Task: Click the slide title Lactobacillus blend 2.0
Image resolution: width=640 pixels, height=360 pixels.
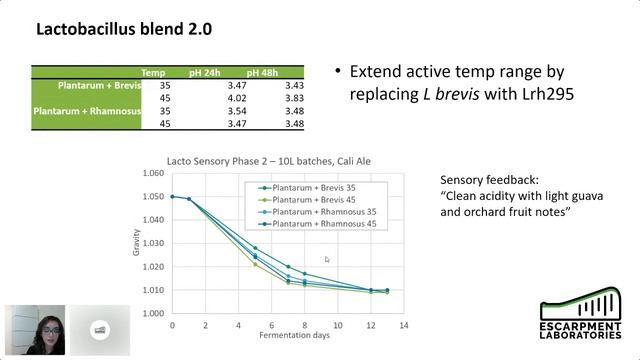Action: coord(124,29)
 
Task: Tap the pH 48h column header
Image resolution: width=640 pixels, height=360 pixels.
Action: coord(262,73)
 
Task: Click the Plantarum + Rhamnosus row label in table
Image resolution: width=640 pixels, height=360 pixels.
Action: coord(86,111)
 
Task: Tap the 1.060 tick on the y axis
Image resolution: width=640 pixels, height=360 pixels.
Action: coord(152,173)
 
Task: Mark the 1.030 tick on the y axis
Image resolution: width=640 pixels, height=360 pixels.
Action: coord(152,243)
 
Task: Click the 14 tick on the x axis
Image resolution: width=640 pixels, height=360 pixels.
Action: coord(403,326)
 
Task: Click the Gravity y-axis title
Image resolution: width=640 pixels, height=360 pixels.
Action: coord(136,243)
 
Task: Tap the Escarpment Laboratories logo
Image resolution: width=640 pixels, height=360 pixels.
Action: coord(579,321)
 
